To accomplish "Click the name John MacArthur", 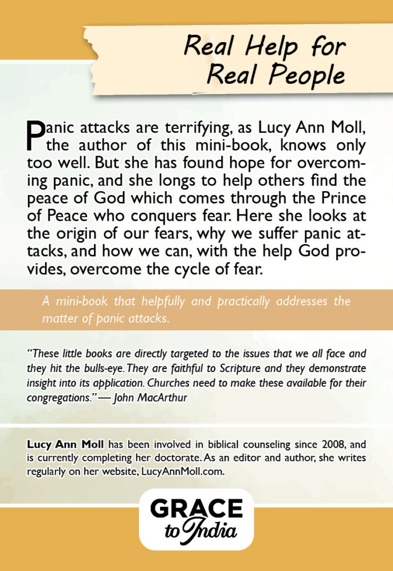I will coord(149,396).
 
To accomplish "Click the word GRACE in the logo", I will coord(197,509).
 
